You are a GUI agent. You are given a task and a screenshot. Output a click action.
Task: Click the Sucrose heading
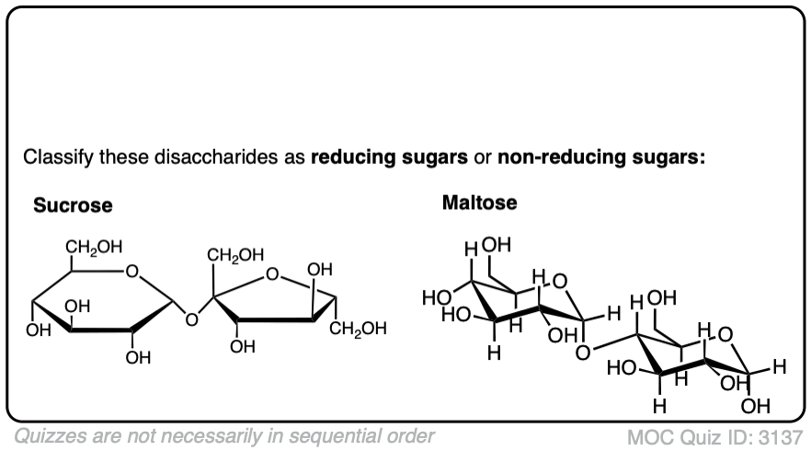tap(73, 205)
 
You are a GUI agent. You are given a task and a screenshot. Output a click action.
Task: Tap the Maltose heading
tap(479, 202)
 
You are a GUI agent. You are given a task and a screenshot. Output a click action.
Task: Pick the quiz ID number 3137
tap(784, 435)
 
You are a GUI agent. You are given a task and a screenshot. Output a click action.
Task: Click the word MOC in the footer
tap(648, 435)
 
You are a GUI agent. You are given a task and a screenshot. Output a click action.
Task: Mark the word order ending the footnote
tap(409, 434)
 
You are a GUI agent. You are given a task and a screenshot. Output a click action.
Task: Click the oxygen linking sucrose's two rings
tap(191, 320)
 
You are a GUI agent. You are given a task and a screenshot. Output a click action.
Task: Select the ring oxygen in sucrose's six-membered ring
tap(133, 272)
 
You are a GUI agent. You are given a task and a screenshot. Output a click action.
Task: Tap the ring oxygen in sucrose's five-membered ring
tap(272, 273)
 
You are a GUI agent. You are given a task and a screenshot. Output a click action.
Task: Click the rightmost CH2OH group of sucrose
tap(359, 329)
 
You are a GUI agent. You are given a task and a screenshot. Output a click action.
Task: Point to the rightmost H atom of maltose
tap(779, 367)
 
